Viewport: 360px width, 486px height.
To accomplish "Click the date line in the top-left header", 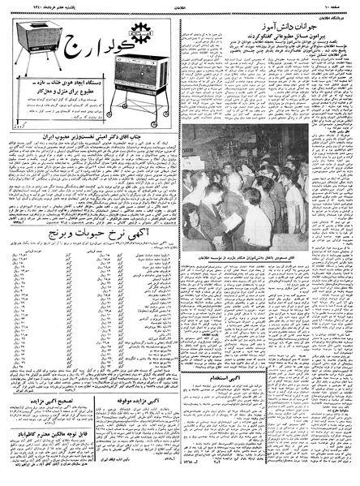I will [32, 7].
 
